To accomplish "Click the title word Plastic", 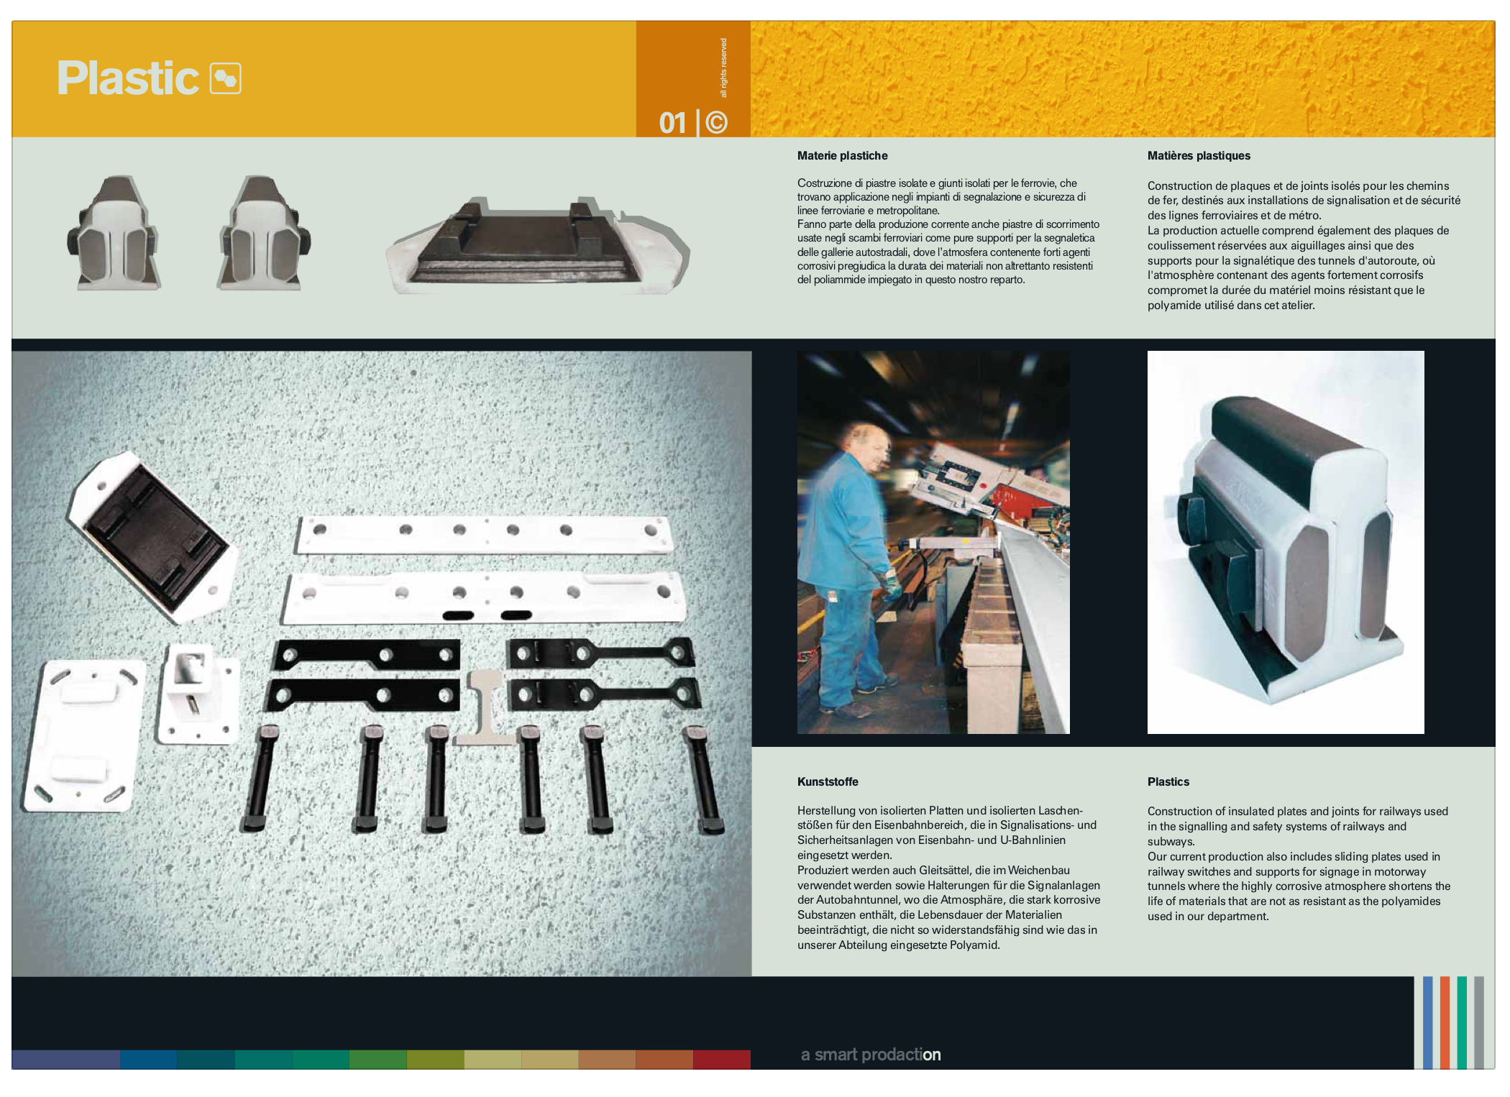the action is (127, 78).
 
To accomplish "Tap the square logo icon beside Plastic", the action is (225, 78).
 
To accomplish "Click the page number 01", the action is (673, 123).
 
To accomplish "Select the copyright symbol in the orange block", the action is (716, 123).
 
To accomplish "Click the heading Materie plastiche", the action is (842, 156).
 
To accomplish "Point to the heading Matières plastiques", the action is (1199, 156).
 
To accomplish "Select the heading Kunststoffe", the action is (828, 781).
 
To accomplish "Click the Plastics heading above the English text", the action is (1168, 781).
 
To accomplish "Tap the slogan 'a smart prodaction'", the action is (871, 1055).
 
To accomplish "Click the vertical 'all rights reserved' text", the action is (723, 68).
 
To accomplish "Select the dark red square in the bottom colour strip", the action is (721, 1059).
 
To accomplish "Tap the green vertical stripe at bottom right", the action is (1462, 1022).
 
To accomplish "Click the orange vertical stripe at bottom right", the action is (1445, 1022).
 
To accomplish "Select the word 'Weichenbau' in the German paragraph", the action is (1038, 871).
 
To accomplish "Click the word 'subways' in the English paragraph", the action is (1171, 842).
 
